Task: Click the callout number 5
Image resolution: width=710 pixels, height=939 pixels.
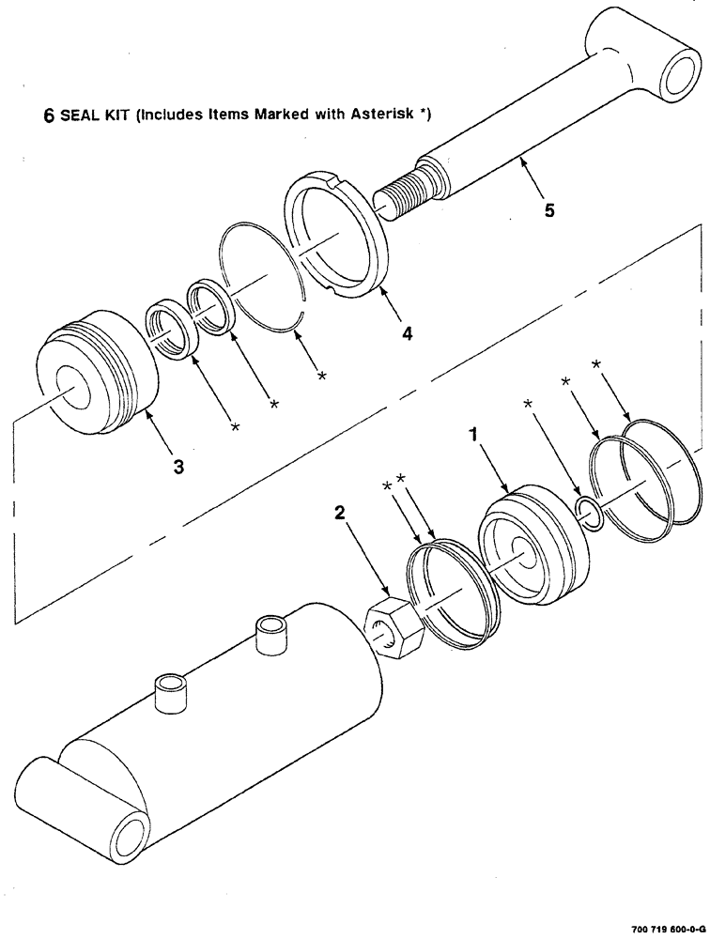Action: (x=548, y=210)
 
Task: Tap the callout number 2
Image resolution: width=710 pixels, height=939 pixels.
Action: (x=340, y=513)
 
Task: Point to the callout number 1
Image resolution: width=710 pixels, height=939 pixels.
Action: (x=475, y=436)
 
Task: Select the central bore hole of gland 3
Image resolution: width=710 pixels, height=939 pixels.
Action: (x=71, y=385)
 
